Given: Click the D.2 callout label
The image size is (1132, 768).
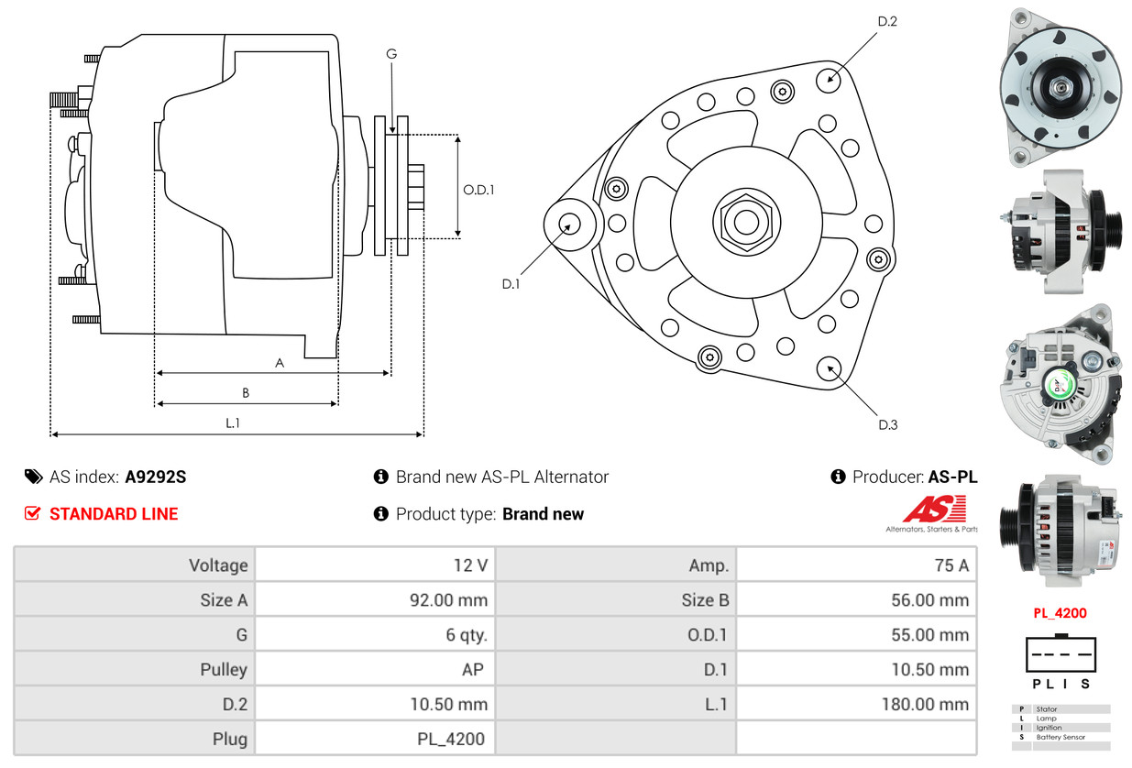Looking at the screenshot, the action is (887, 21).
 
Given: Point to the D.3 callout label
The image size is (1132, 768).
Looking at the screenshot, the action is (888, 425).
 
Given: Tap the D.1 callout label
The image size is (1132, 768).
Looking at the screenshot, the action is (511, 284).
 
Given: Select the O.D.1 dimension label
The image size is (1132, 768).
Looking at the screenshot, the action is (478, 190).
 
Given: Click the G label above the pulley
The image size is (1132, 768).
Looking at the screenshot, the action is (391, 53).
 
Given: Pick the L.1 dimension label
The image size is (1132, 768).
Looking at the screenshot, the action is (233, 422).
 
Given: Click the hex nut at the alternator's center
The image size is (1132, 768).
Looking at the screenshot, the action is (746, 223).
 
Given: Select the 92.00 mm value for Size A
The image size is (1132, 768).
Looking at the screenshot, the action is (449, 599).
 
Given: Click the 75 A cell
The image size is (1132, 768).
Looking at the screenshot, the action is (951, 565).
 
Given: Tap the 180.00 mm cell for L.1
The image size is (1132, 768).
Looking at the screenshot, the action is (926, 704).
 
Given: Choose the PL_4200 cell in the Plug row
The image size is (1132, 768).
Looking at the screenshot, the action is (451, 739).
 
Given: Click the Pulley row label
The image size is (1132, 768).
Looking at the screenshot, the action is (224, 669).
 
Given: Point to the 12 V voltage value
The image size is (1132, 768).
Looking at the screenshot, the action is (470, 565).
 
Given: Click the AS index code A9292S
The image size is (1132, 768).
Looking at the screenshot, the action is (156, 477).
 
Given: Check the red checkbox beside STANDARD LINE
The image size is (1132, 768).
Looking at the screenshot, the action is (32, 513).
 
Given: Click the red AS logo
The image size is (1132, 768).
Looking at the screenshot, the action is (934, 509).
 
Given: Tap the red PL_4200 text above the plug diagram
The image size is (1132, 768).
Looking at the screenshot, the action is (1060, 613).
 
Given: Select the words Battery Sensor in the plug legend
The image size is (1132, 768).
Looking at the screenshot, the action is (1061, 737).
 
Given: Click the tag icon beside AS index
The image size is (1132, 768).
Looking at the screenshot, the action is (34, 477).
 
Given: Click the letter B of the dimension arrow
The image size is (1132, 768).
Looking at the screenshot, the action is (246, 392).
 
